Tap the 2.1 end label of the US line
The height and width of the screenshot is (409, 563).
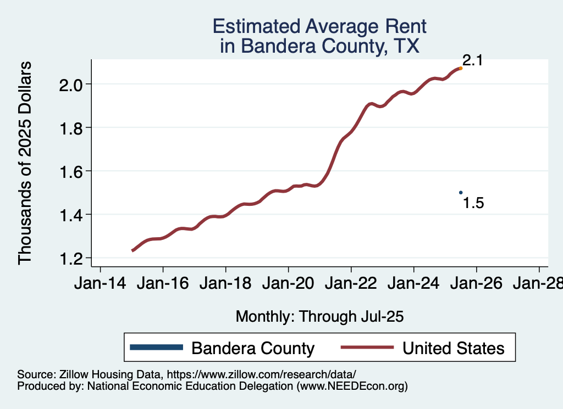pyautogui.click(x=472, y=60)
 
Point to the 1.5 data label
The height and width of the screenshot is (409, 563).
pyautogui.click(x=473, y=203)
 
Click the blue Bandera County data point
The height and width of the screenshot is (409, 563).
pyautogui.click(x=461, y=192)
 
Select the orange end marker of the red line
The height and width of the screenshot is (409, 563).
pyautogui.click(x=461, y=68)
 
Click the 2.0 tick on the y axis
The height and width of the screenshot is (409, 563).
pyautogui.click(x=71, y=85)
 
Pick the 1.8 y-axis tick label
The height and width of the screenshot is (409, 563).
pyautogui.click(x=71, y=128)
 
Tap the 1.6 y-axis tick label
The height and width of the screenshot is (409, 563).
pyautogui.click(x=71, y=171)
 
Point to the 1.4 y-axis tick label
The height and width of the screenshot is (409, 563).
pyautogui.click(x=71, y=215)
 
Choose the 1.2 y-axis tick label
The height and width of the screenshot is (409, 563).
pyautogui.click(x=71, y=258)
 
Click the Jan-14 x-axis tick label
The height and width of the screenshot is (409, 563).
pyautogui.click(x=100, y=284)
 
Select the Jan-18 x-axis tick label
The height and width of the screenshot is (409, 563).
pyautogui.click(x=225, y=284)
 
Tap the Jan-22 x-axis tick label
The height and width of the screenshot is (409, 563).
pyautogui.click(x=351, y=284)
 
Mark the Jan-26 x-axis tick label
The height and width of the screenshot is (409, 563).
pyautogui.click(x=476, y=284)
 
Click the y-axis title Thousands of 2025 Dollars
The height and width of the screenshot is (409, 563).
pyautogui.click(x=25, y=163)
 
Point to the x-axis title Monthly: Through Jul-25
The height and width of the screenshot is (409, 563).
pyautogui.click(x=320, y=317)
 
